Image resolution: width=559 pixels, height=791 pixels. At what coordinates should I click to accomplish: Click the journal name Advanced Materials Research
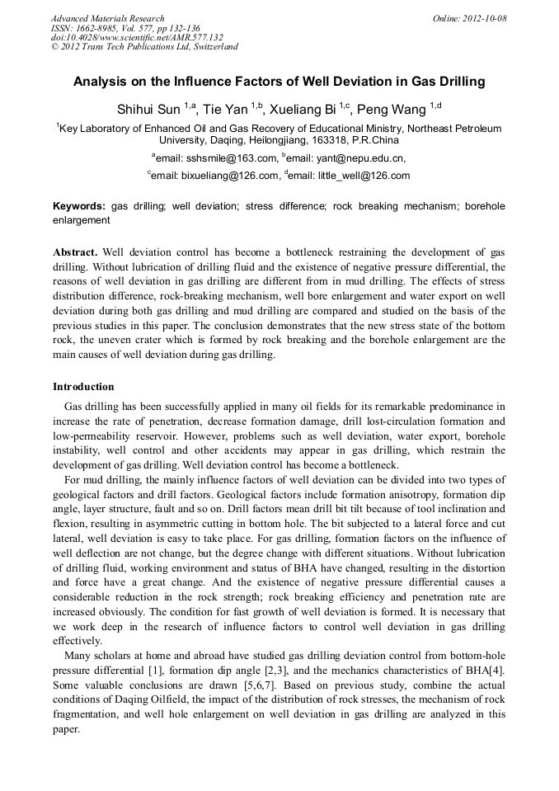point(107,18)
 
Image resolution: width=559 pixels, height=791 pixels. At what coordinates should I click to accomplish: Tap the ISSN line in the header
point(125,27)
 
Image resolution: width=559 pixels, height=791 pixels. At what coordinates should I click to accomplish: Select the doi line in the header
point(137,37)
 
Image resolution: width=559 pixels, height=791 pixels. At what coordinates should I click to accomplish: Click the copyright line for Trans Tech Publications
point(144,47)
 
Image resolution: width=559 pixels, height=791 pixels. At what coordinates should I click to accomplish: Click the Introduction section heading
point(83,387)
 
